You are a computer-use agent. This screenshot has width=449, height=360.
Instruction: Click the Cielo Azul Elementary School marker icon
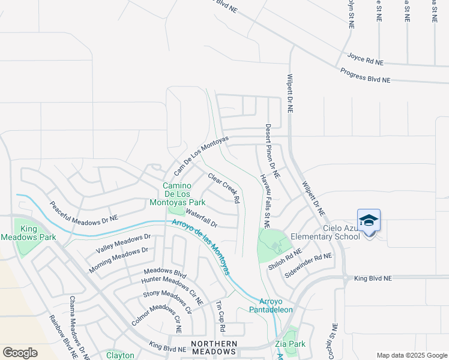point(369,221)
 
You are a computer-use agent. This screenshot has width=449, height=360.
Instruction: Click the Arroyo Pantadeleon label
point(276,305)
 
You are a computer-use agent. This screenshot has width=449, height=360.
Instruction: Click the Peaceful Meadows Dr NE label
point(83,213)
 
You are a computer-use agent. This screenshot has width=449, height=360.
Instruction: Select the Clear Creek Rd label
point(224,187)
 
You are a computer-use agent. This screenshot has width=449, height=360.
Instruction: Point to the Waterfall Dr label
point(201,218)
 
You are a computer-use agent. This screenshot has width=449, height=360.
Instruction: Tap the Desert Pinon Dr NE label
point(272,151)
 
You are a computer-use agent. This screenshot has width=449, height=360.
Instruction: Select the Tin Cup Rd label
point(220,317)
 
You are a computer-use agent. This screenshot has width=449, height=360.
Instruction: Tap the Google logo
point(20,353)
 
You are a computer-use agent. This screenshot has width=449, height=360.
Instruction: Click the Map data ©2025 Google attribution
point(412,355)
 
